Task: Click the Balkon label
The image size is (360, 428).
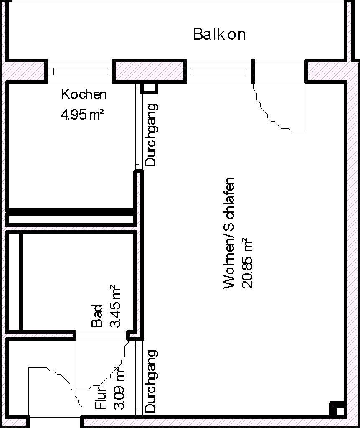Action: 219,34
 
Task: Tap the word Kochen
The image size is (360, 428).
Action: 84,94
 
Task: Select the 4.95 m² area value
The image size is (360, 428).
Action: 82,114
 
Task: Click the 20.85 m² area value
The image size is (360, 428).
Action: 248,263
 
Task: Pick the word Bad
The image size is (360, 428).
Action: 97,316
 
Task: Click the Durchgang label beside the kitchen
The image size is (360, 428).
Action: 150,135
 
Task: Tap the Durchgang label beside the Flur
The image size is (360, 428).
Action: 150,381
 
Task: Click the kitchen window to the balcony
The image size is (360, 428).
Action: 80,71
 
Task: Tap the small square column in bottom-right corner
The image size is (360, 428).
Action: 339,411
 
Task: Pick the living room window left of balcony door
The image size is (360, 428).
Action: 219,71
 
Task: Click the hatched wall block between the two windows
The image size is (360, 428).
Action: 150,71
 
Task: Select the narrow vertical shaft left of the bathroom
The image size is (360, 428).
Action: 14,281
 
